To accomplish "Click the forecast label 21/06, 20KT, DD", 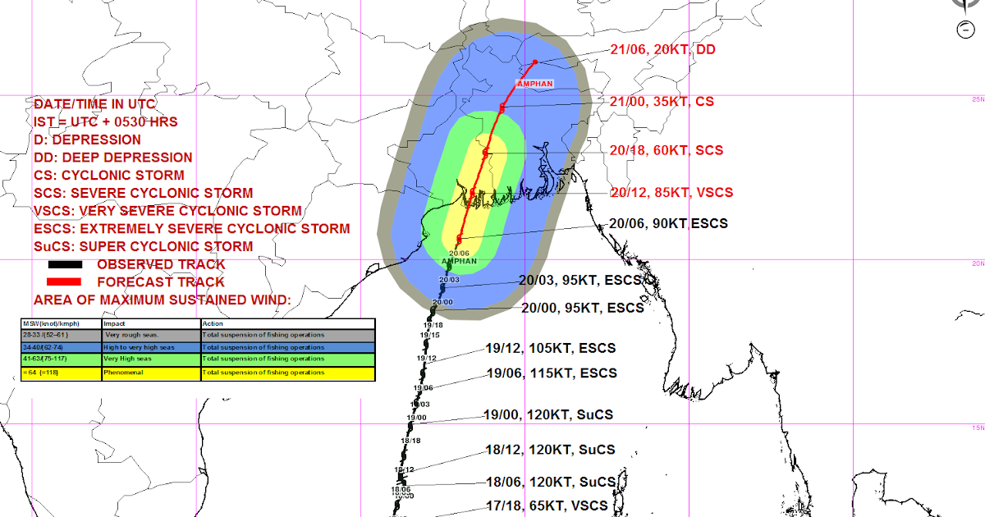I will (662, 50).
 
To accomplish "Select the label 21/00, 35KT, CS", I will (662, 103).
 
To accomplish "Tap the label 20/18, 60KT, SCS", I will (666, 151).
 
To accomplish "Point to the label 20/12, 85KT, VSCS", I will (671, 193).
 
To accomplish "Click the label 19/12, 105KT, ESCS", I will (550, 349).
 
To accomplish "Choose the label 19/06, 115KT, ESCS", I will (551, 373).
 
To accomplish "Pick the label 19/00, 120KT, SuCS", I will (548, 415).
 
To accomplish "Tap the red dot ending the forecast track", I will (535, 62).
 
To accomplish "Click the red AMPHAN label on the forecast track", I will (534, 84).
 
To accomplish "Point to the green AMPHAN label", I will (459, 262).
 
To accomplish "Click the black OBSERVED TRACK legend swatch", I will (65, 265).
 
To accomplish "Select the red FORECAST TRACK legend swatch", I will (65, 281).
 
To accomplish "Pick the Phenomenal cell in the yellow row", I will (124, 373).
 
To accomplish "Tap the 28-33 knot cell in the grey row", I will (44, 335).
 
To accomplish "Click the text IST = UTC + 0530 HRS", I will (106, 122).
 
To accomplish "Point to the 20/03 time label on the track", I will (449, 280).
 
